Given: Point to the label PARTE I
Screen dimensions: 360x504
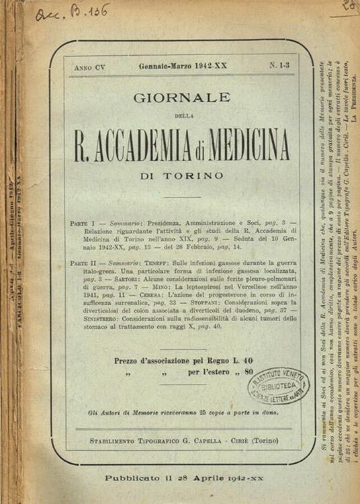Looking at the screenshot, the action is click(x=83, y=222).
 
